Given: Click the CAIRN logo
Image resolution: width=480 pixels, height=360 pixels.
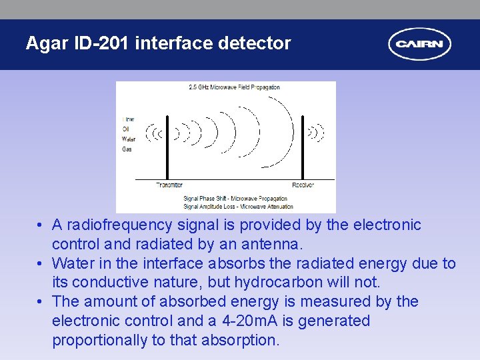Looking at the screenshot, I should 420,45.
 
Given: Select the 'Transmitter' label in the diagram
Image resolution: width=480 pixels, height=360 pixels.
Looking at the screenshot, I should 169,185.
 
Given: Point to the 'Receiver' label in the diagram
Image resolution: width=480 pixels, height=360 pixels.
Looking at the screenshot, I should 303,185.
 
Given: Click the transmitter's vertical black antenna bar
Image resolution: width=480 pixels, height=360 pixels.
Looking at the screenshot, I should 167,147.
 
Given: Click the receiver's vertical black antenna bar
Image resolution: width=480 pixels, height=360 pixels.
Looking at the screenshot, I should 303,147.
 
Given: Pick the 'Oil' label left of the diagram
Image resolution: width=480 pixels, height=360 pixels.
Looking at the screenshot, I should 125,129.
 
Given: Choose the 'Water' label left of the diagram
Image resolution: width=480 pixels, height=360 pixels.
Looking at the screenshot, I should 128,139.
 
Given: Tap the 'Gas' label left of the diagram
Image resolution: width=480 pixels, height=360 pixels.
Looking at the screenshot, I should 127,149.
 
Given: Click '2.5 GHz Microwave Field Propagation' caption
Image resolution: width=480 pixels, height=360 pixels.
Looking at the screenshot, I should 234,87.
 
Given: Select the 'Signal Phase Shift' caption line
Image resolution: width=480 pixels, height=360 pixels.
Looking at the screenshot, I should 235,198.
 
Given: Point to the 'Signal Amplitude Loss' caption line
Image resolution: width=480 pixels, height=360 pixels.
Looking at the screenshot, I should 235,206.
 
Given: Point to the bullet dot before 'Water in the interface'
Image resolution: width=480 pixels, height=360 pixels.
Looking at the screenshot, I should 41,264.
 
